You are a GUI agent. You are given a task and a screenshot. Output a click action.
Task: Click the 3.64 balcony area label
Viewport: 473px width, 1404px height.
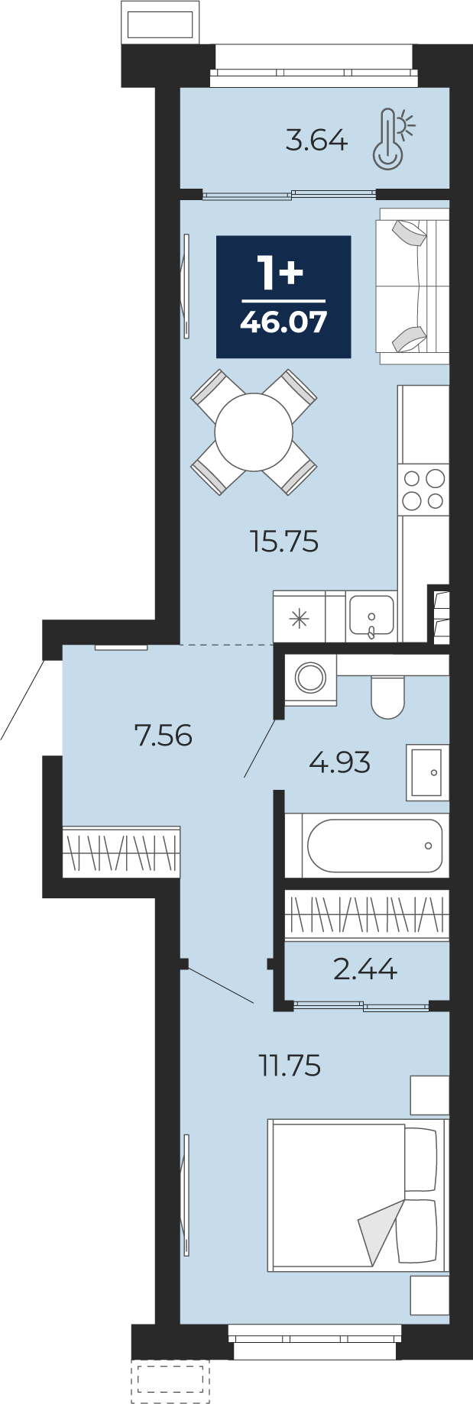(316, 141)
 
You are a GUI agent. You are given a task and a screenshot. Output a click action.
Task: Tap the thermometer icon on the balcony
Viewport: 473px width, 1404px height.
(391, 137)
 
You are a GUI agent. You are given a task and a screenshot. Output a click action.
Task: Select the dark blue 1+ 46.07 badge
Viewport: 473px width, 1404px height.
(283, 296)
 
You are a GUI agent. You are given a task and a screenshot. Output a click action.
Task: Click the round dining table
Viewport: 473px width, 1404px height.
(254, 432)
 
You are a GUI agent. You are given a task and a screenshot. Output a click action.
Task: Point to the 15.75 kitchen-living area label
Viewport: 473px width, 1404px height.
(283, 542)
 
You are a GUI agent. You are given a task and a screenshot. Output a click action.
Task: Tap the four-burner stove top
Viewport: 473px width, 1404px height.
(423, 489)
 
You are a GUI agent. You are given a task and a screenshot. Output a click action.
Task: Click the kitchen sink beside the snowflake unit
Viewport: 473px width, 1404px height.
(371, 616)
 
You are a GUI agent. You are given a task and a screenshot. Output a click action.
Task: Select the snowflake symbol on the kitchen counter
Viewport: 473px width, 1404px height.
(299, 618)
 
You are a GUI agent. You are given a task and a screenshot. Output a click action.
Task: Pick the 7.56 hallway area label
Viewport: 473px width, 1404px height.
(163, 736)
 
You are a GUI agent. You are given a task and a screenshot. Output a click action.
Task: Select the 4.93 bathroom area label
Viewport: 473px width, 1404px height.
(339, 762)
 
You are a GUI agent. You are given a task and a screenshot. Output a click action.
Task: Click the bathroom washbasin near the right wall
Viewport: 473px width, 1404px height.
(427, 772)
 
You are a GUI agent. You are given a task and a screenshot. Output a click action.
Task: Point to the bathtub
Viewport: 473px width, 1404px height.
(374, 846)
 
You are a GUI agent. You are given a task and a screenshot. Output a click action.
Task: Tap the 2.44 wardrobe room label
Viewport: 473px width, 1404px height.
(365, 969)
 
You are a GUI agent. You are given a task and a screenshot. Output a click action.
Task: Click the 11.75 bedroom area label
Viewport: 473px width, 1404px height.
(290, 1065)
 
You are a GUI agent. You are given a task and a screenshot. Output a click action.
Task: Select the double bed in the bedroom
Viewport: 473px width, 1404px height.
(357, 1195)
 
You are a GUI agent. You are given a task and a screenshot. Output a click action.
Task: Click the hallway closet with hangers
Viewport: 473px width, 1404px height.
(121, 852)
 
